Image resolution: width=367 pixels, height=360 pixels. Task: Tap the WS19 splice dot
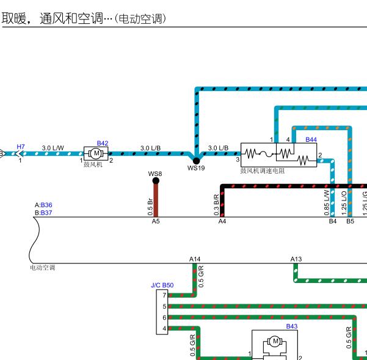click(x=197, y=160)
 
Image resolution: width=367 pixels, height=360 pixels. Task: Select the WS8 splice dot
click(x=156, y=180)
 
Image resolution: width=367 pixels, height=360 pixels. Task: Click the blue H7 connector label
click(x=21, y=147)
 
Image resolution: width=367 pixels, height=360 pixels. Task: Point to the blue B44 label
click(x=311, y=140)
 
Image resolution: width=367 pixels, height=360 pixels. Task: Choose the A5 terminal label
click(x=156, y=221)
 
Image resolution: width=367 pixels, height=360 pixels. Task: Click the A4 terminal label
click(x=222, y=221)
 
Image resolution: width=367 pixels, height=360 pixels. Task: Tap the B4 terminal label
click(x=333, y=221)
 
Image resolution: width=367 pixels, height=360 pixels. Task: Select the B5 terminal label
click(x=350, y=221)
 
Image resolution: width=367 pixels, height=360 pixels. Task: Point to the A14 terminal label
click(x=195, y=259)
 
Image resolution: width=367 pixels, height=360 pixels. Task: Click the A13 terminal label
click(x=296, y=259)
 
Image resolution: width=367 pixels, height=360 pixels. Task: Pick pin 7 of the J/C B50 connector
click(x=164, y=295)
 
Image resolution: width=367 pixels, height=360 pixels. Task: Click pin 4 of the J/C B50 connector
click(x=164, y=329)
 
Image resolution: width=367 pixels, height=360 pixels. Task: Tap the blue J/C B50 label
click(x=162, y=285)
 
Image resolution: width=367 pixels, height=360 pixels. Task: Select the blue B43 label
click(x=292, y=326)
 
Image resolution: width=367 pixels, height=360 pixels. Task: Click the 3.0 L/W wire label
click(x=53, y=147)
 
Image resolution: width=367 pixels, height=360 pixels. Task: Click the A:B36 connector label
click(x=43, y=205)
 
